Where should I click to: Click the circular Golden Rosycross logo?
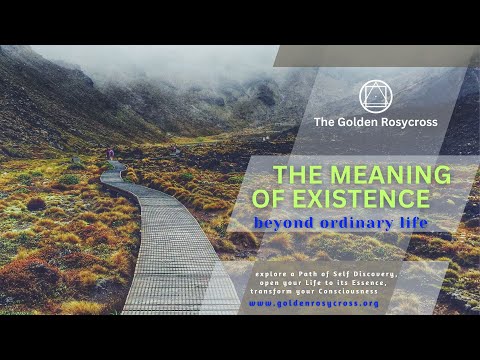[375, 96]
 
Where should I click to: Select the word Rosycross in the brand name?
[407, 122]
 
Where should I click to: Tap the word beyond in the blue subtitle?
[282, 222]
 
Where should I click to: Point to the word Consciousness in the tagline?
[349, 290]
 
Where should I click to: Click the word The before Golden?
[324, 122]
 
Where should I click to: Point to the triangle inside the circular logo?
[375, 97]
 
